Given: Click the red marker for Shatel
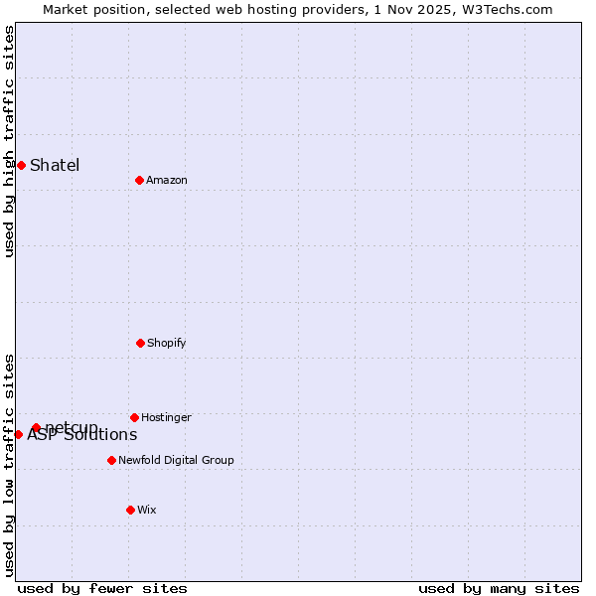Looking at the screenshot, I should [x=21, y=165].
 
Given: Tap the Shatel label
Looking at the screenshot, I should [x=55, y=165].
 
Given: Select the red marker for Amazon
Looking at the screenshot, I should [x=139, y=180].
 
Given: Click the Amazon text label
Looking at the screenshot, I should [x=167, y=180].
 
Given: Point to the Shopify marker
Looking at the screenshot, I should [x=140, y=343].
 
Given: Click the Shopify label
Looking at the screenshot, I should [x=167, y=343].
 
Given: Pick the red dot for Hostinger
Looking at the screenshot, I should [x=134, y=417].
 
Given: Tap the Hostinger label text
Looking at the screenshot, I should [x=166, y=417].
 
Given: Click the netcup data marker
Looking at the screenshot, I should [x=36, y=427].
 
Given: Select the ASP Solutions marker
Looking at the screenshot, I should [x=18, y=434].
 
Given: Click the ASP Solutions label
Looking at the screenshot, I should [x=82, y=435].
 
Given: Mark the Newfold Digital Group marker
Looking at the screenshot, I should [x=111, y=460].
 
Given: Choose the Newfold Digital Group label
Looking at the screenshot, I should [x=176, y=460].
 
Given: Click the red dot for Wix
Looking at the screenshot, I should [x=130, y=510].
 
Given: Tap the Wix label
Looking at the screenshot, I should [x=147, y=510].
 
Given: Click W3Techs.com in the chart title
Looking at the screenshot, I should [x=512, y=9].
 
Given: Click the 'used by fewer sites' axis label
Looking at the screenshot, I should [x=102, y=588].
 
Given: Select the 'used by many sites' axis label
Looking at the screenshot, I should [x=499, y=588].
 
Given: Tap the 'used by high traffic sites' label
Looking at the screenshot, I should [x=9, y=141].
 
